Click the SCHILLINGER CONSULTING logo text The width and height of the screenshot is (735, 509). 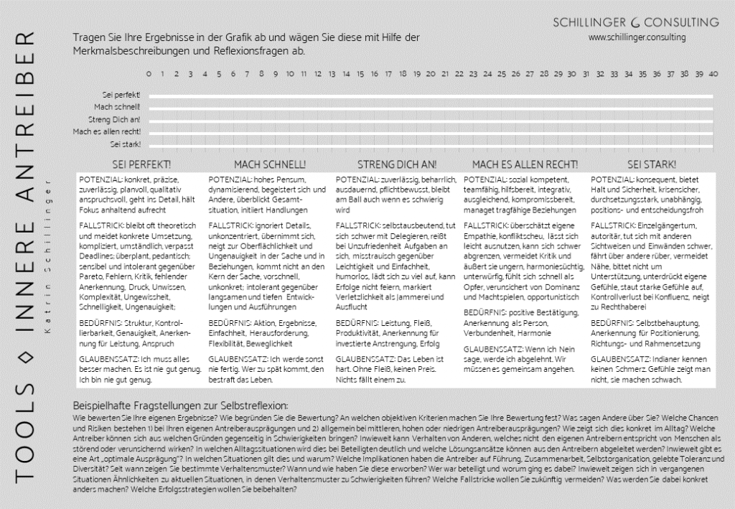coord(635,22)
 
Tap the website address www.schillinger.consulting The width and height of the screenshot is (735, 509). coord(637,37)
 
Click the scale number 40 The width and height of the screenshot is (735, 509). coord(713,74)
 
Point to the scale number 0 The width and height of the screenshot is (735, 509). coord(149,74)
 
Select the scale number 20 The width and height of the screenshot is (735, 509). coord(431,74)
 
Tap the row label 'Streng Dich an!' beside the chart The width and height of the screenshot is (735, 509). coord(114,119)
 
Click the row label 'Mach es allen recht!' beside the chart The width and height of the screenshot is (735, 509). coord(107,131)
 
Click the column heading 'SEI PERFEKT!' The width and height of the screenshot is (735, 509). coord(137,164)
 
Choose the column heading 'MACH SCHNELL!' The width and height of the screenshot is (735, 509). coord(270,164)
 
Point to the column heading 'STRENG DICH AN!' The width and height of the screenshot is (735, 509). coord(397,164)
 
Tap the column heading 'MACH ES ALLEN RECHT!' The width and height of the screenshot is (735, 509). coord(525,164)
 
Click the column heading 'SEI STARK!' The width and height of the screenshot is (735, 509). coord(650,164)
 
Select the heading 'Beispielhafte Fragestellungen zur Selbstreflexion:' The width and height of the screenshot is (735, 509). coord(181,406)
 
